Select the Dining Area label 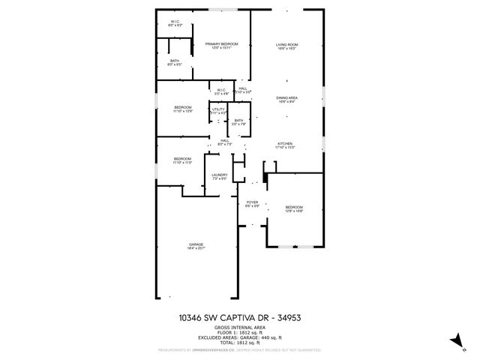(x=286, y=99)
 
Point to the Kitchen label (x=285, y=145)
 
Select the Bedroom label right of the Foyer (x=294, y=208)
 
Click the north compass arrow (x=454, y=341)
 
